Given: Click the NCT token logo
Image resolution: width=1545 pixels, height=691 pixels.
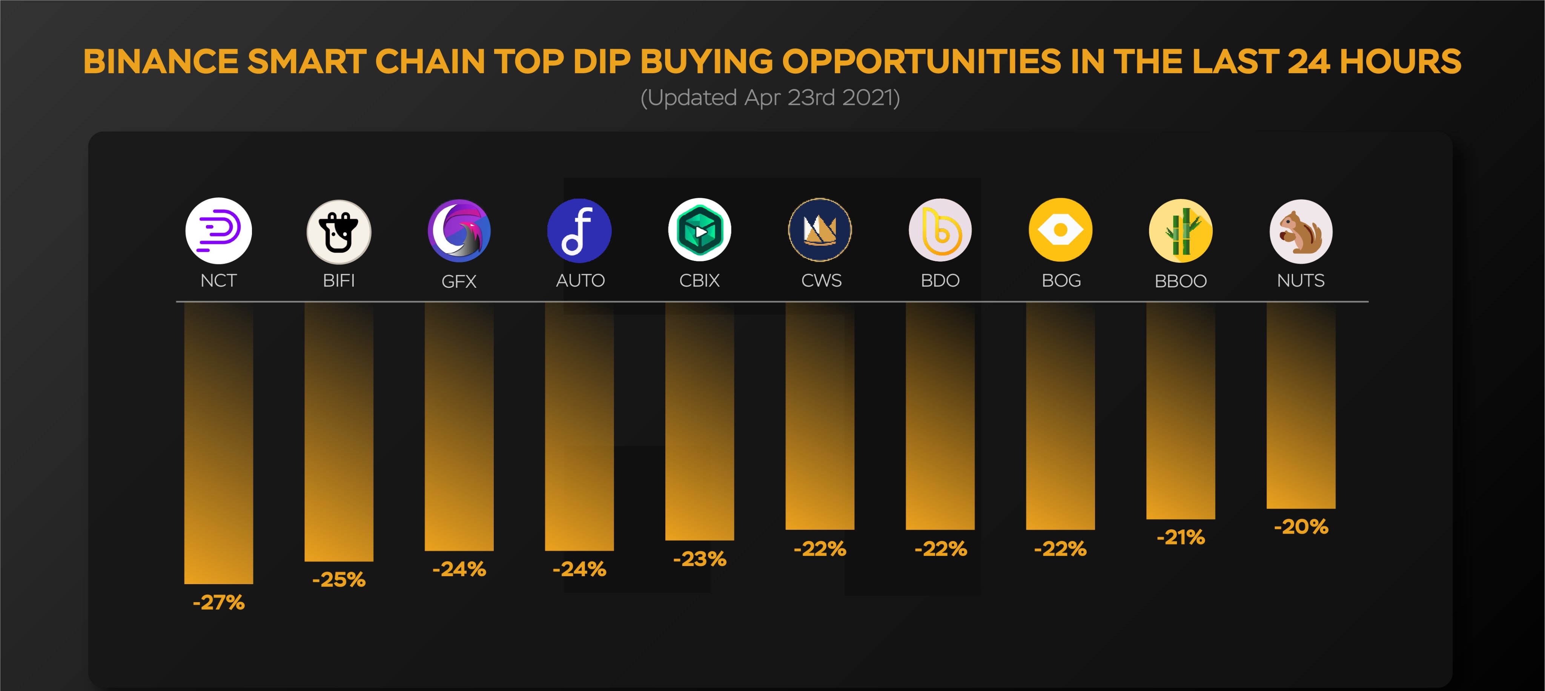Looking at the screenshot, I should coord(218,231).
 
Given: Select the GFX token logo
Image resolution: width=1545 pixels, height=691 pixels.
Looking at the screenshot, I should coord(459,231).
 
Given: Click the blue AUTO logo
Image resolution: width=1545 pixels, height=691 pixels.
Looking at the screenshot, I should coord(579,231).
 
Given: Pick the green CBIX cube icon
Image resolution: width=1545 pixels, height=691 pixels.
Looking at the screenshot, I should coord(699,230).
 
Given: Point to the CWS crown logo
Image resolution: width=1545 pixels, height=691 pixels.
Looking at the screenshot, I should coord(820,230).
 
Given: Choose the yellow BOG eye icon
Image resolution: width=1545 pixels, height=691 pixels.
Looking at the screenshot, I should coord(1060,230).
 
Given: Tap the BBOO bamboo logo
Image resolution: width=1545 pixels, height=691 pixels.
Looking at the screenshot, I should coord(1180,231).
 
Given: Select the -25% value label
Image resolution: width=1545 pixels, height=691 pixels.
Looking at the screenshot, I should coord(339,579).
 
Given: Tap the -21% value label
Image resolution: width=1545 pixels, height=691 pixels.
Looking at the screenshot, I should coord(1180,537).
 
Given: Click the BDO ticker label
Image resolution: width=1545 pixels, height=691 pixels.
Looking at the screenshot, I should coord(940,280).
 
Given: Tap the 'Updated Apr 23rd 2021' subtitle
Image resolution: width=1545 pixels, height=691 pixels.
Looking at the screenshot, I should coord(770,97).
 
